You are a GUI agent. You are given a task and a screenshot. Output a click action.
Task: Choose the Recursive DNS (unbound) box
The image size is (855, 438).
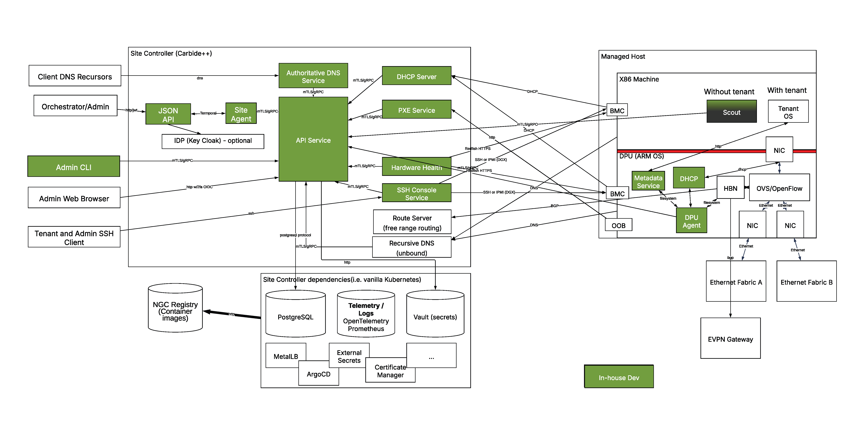click(412, 248)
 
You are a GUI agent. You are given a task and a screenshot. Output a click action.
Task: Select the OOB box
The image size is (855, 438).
click(618, 225)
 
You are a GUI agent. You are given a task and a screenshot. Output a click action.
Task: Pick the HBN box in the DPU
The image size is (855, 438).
click(730, 188)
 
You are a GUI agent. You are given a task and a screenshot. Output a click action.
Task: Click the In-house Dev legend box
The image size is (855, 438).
click(619, 377)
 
